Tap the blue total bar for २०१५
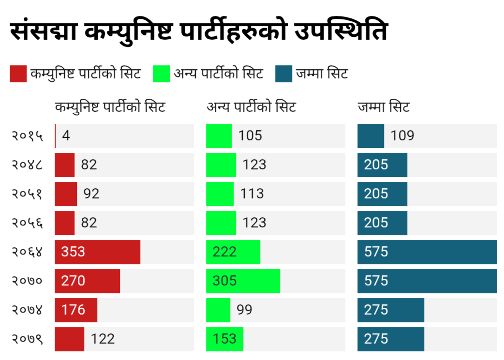(371, 136)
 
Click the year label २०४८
(27, 165)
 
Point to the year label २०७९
(27, 339)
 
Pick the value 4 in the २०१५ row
(66, 136)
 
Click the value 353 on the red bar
(74, 252)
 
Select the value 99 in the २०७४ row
(245, 310)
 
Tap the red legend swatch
(18, 74)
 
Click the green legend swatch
(161, 74)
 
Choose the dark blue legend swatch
(284, 74)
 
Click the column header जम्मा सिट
(384, 107)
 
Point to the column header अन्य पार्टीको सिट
(251, 107)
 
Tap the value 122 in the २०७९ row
(103, 339)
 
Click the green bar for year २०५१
(220, 194)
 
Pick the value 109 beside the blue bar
(402, 136)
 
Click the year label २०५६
(27, 223)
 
